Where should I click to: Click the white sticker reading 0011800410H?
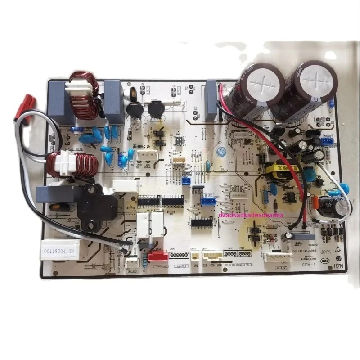(x=60, y=248)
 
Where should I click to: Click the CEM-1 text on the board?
(x=309, y=266)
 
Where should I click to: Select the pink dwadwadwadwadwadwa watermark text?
(x=250, y=216)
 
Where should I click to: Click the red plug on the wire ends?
(x=23, y=107)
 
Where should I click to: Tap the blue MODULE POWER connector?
(x=328, y=141)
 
